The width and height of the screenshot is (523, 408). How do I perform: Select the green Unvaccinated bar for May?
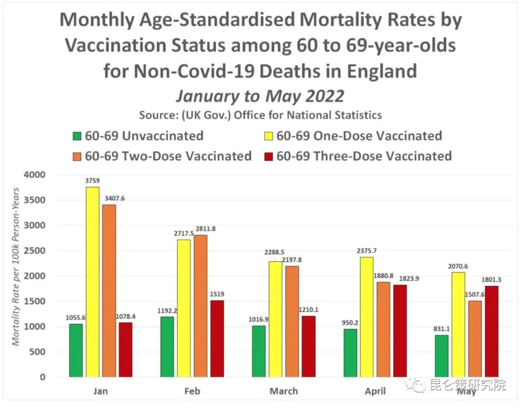coord(442,356)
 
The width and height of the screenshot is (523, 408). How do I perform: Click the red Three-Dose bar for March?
coord(308,346)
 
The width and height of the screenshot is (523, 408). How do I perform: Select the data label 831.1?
coord(440,329)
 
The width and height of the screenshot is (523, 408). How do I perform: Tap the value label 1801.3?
coord(491,279)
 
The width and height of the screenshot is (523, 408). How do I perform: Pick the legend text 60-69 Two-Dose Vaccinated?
coord(168,156)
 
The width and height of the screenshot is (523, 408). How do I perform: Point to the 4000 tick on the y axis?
coord(36,175)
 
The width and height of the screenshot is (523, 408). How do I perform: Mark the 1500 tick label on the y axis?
coord(36,301)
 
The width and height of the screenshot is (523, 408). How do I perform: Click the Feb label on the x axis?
coord(192,391)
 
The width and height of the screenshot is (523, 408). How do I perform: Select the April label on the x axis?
coord(375,391)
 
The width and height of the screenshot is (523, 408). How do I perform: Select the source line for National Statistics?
coord(261,115)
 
